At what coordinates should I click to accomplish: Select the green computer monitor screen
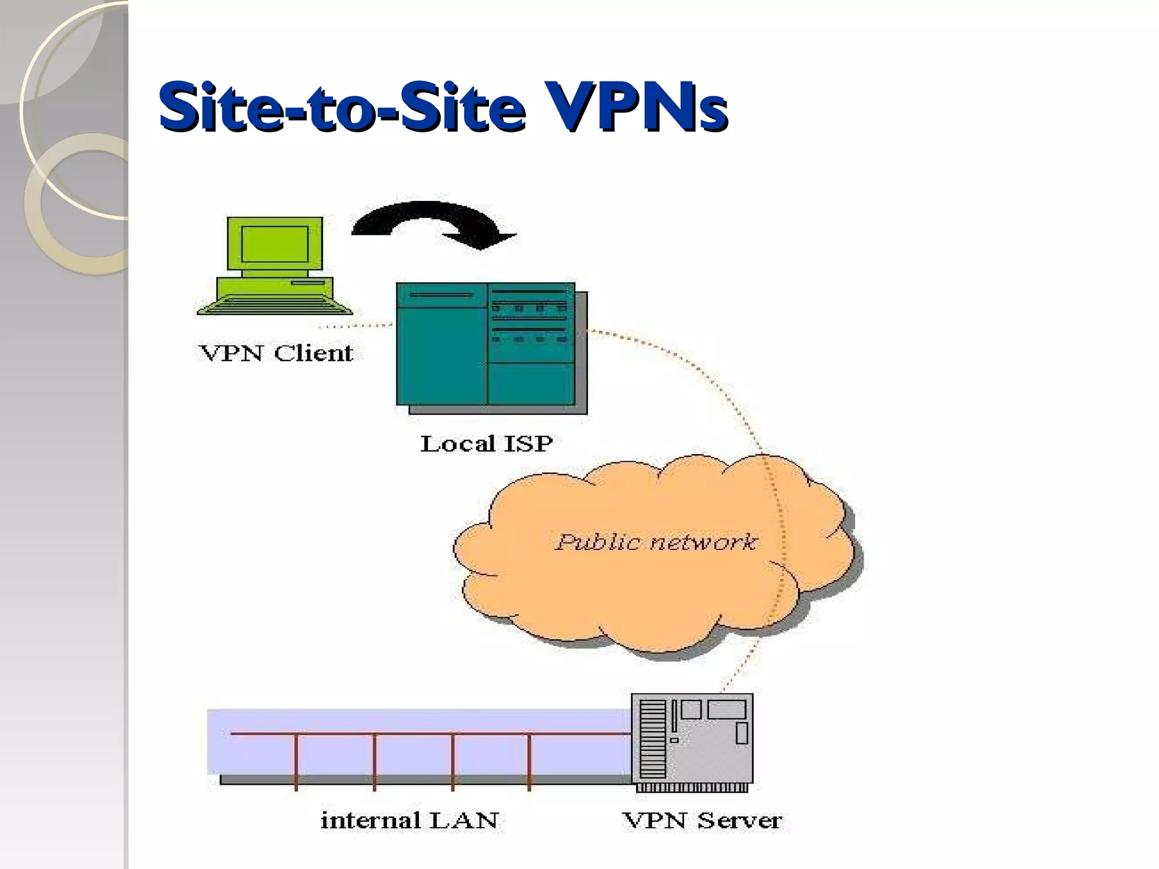point(275,243)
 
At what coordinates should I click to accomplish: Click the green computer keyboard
point(275,306)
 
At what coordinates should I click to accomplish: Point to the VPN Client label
point(276,353)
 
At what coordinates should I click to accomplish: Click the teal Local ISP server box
point(487,345)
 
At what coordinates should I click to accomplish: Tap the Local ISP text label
point(486,444)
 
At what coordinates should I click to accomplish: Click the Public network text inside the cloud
point(655,542)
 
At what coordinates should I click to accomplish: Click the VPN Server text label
point(702,820)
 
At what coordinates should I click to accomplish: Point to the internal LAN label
point(409,820)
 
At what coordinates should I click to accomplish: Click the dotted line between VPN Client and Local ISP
point(357,326)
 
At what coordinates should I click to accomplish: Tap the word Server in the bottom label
point(739,820)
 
